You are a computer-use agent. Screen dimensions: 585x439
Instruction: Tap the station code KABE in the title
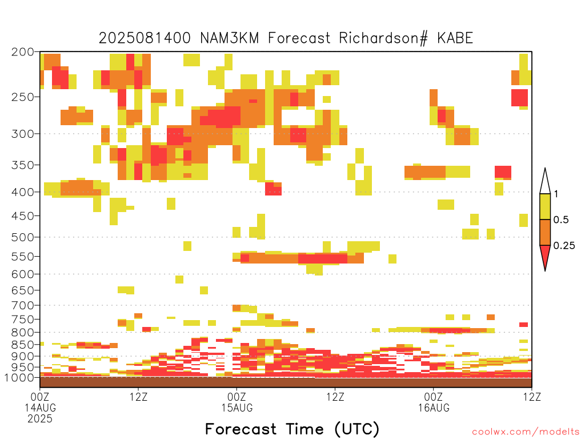click(455, 38)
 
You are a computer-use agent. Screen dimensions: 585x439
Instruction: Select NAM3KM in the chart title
click(230, 38)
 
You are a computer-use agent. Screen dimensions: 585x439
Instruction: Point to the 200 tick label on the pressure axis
click(23, 52)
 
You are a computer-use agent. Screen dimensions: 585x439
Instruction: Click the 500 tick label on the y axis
click(23, 237)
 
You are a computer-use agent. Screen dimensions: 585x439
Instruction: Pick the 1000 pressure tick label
click(19, 377)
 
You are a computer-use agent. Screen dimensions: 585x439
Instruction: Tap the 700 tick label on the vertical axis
click(23, 305)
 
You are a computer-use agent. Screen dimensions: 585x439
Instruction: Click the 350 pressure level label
click(23, 165)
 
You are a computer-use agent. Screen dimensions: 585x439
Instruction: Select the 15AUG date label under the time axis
click(237, 408)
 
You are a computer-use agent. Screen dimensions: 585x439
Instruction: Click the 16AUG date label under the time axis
click(434, 408)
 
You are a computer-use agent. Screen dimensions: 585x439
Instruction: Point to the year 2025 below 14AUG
click(40, 419)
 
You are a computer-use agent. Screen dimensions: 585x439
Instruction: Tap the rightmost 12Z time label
click(532, 397)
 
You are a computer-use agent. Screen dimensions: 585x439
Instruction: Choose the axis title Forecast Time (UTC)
click(292, 429)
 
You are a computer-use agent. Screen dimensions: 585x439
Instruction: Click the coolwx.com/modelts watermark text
click(526, 432)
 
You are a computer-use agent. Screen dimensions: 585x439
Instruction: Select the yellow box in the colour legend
click(545, 206)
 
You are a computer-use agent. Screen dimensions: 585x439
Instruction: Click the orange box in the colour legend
click(545, 232)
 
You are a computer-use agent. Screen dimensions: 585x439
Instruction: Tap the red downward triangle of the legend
click(545, 256)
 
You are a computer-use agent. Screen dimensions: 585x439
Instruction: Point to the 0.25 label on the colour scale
click(564, 246)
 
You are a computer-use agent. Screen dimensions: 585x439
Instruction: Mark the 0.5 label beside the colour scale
click(561, 220)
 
